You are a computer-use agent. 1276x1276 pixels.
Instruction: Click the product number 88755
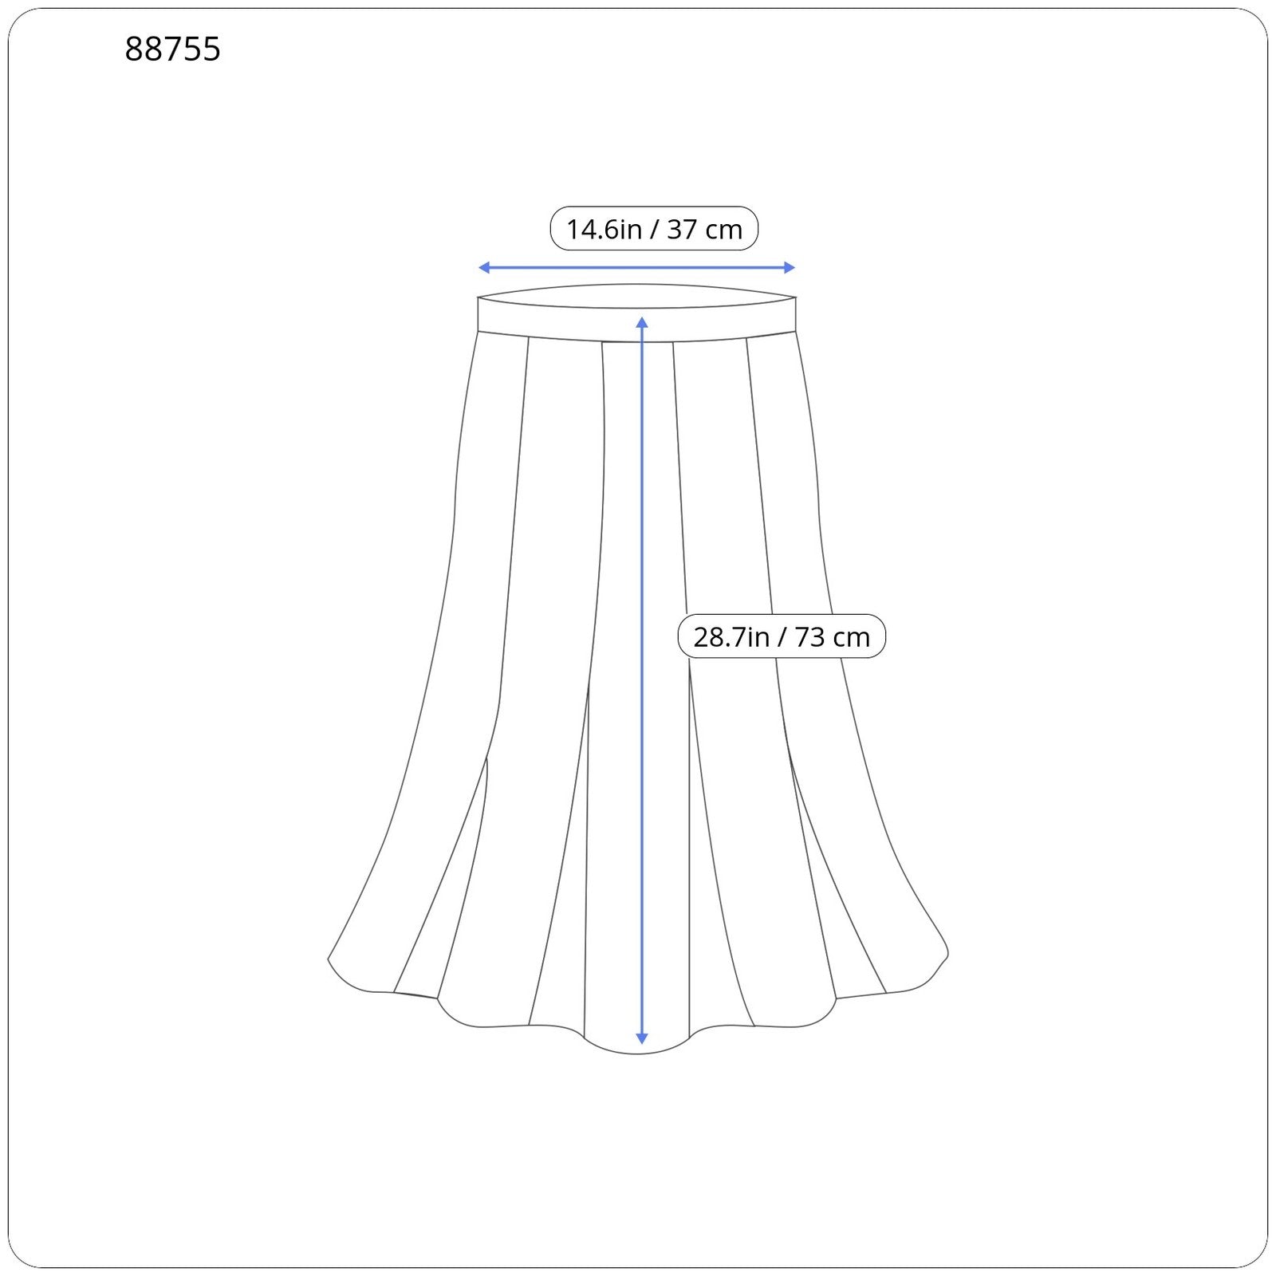point(172,49)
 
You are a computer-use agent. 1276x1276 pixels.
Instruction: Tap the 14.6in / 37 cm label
point(654,229)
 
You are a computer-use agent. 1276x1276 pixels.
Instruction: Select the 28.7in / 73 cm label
point(782,636)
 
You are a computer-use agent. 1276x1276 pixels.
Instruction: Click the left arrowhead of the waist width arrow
point(483,268)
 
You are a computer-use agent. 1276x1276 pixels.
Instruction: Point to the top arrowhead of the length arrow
point(642,321)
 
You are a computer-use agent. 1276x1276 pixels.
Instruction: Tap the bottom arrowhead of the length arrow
point(642,1038)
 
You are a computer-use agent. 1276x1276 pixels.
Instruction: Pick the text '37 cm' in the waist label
point(705,230)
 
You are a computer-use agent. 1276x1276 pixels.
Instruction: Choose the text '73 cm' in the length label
point(833,637)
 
